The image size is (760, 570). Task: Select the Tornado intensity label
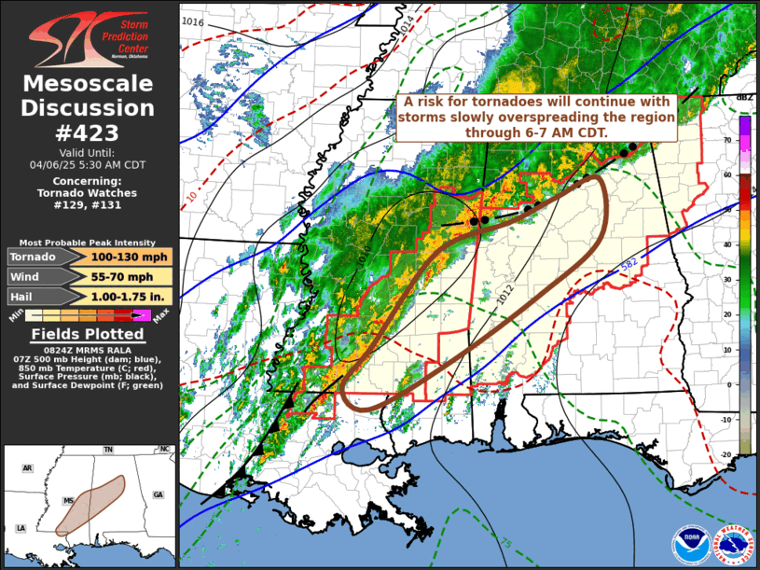coord(35,257)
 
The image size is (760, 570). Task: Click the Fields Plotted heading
coord(88,334)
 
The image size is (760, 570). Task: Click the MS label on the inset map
coord(68,500)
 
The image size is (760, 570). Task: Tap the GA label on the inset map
coord(158,494)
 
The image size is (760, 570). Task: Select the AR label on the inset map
coord(28,468)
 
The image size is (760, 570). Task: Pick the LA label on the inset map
coord(20,529)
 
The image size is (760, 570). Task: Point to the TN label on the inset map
coord(108,450)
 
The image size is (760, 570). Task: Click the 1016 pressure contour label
coord(194,21)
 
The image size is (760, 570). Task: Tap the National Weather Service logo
coord(732,544)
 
